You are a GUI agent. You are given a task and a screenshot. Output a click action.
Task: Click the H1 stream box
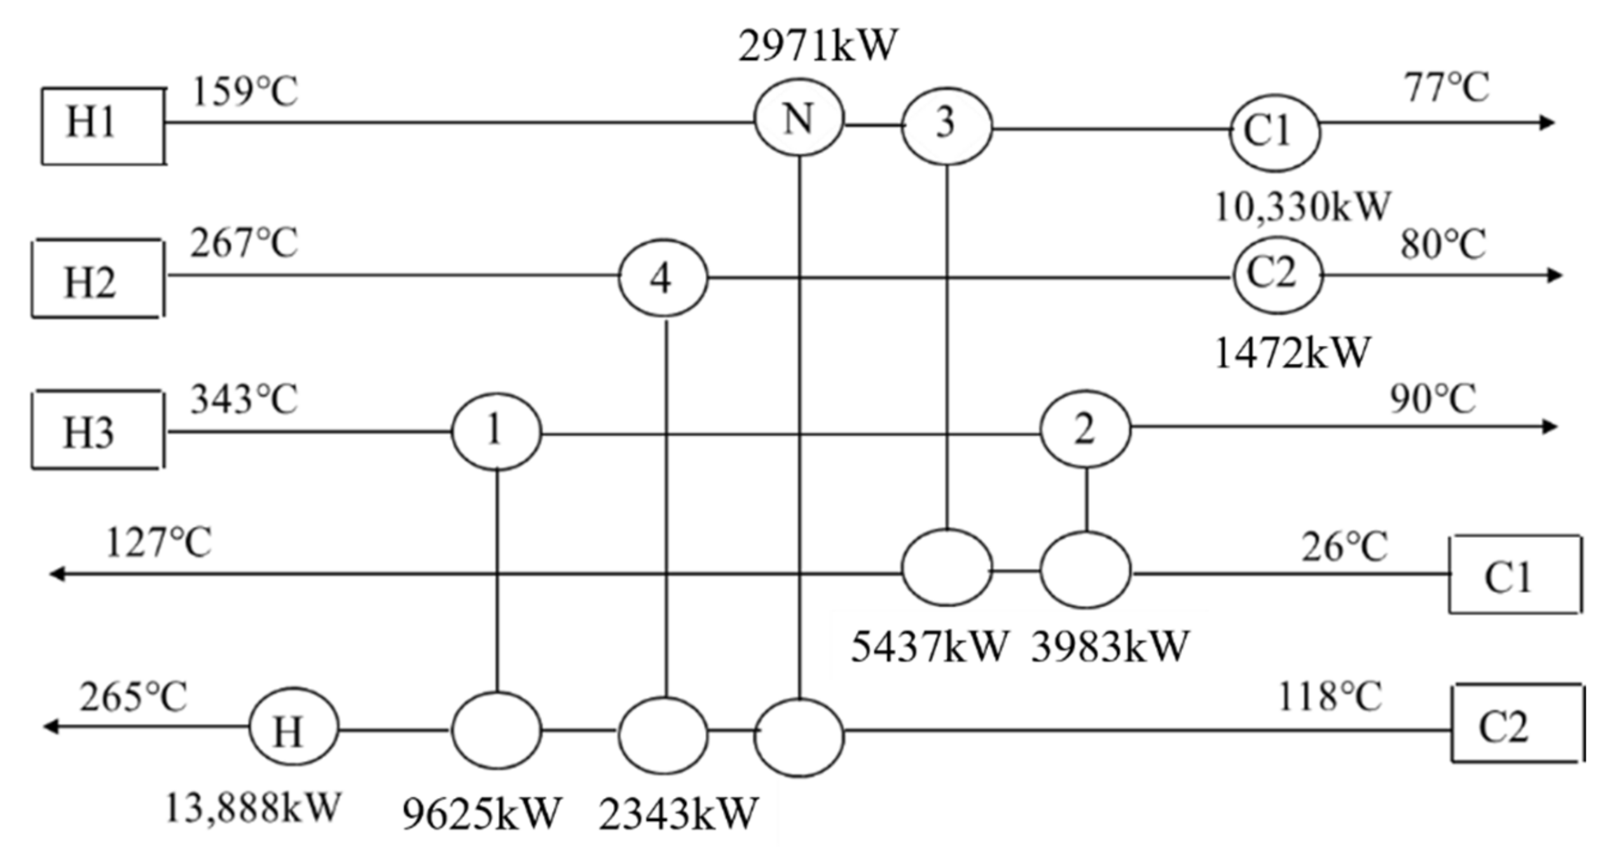(103, 125)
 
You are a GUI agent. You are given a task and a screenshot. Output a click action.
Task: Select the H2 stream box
(97, 279)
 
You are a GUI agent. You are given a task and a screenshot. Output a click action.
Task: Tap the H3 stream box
(97, 430)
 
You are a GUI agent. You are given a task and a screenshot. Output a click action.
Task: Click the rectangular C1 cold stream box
(1515, 574)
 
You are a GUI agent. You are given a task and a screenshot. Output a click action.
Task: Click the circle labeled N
(799, 118)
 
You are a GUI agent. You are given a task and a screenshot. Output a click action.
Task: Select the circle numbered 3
(947, 125)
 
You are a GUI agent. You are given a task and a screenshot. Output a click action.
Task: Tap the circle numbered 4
(663, 278)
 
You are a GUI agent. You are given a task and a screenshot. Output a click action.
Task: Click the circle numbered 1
(496, 432)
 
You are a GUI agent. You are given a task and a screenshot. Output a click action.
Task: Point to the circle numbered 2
(1085, 429)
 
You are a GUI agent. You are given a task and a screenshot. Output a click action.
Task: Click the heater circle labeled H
(293, 730)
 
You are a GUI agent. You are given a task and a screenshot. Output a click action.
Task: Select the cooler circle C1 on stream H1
(1274, 132)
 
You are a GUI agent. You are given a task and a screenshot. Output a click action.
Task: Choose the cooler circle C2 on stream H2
(1278, 275)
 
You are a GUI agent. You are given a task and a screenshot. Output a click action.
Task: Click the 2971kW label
(817, 46)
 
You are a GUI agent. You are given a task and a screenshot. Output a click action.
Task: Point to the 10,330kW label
(1302, 207)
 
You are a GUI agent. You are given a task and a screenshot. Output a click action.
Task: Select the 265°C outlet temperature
(134, 697)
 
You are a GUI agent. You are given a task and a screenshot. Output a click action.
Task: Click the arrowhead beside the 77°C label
(1546, 123)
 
